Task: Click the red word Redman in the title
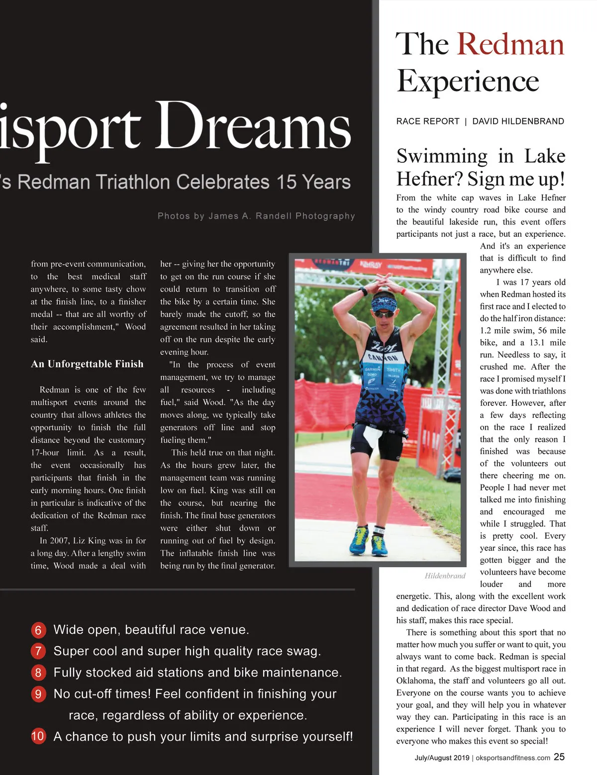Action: [510, 44]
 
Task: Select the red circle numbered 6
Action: [38, 630]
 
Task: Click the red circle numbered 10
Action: [38, 736]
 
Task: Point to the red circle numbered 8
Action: [38, 673]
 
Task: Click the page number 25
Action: [559, 757]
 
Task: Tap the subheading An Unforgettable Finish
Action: [87, 364]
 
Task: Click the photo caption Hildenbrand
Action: [445, 576]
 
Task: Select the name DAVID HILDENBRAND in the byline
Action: [518, 121]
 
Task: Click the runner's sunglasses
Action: [383, 314]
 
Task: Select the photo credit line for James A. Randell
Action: [256, 216]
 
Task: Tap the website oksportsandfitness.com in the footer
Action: [512, 758]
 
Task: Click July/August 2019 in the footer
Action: [442, 758]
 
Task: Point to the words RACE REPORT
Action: [428, 121]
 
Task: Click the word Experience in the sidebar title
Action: [468, 81]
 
